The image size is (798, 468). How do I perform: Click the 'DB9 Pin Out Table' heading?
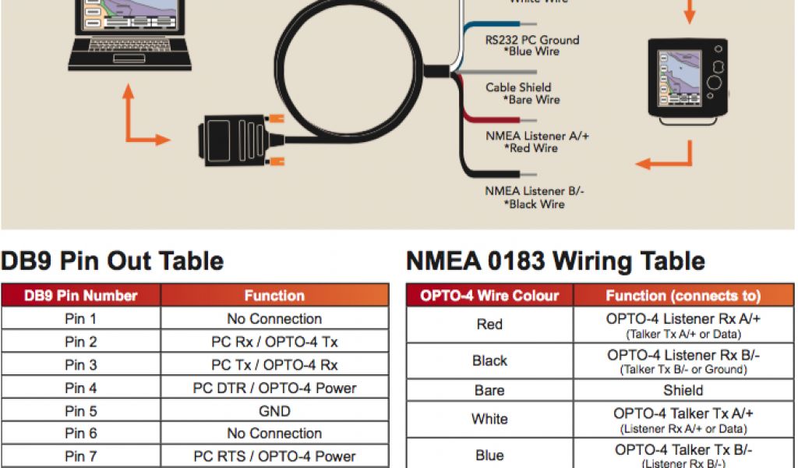pyautogui.click(x=112, y=261)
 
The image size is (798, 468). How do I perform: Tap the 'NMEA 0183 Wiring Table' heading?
pyautogui.click(x=556, y=261)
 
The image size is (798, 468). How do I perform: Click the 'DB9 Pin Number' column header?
pyautogui.click(x=81, y=296)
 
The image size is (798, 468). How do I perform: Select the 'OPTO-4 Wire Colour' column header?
pyautogui.click(x=489, y=296)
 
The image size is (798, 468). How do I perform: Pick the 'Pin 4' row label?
pyautogui.click(x=81, y=388)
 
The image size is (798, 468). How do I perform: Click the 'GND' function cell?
pyautogui.click(x=274, y=411)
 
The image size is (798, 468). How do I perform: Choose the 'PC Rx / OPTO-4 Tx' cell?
pyautogui.click(x=274, y=342)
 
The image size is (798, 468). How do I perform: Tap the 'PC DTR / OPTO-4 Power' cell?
pyautogui.click(x=274, y=388)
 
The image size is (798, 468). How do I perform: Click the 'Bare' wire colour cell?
pyautogui.click(x=489, y=391)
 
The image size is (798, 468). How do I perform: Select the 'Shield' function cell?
pyautogui.click(x=683, y=391)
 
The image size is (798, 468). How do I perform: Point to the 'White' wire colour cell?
pyautogui.click(x=489, y=420)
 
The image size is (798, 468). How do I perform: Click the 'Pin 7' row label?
pyautogui.click(x=81, y=456)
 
